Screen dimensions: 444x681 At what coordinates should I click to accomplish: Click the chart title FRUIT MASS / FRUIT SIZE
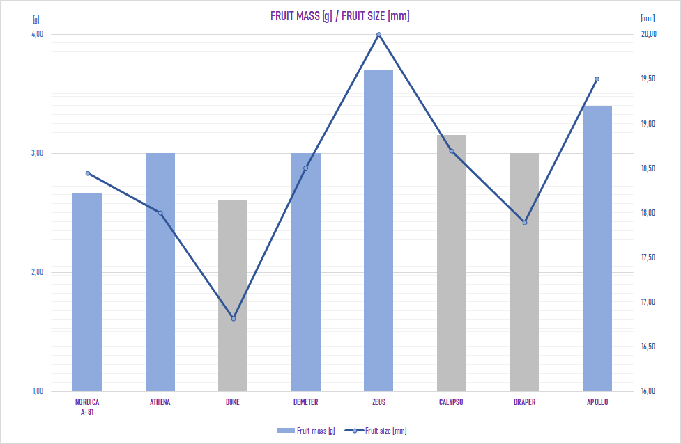point(339,16)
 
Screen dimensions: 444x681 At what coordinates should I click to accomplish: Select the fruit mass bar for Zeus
point(378,230)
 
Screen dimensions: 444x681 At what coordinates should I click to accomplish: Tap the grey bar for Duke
point(233,295)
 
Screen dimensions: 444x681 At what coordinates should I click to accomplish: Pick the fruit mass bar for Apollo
point(597,248)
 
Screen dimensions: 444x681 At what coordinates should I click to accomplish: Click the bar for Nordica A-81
point(87,292)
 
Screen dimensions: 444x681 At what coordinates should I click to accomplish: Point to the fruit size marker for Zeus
point(378,35)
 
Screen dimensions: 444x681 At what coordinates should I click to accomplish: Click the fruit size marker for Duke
point(234,319)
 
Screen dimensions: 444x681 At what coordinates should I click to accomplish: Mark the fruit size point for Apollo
point(597,79)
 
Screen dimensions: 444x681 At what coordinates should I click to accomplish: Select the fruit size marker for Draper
point(524,223)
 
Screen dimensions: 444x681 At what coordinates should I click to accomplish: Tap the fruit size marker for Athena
point(160,213)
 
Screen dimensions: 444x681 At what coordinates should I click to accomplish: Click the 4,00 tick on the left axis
point(38,34)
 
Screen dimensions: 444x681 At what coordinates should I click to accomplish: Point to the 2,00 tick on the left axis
point(38,272)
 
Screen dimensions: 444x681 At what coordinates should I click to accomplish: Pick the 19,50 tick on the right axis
point(648,79)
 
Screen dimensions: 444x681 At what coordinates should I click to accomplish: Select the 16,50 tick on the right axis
point(648,347)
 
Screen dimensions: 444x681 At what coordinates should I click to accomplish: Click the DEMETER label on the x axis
point(306,402)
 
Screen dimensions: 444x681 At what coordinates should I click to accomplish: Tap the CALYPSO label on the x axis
point(452,402)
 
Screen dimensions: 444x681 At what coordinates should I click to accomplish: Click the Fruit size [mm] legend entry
point(379,431)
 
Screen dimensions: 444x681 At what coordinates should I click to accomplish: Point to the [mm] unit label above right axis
point(647,19)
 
